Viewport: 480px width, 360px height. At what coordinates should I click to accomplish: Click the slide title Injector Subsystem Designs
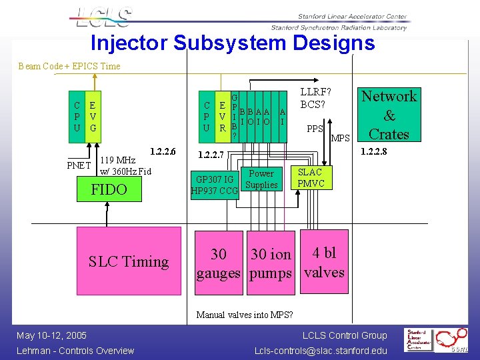click(233, 43)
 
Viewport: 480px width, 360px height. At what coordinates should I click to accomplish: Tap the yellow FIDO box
click(109, 190)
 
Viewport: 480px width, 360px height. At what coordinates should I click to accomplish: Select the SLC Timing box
click(129, 262)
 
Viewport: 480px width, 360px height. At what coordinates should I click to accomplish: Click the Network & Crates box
click(389, 115)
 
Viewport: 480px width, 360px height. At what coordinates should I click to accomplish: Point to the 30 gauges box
click(218, 263)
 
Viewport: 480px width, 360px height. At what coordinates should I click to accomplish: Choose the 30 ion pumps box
click(271, 263)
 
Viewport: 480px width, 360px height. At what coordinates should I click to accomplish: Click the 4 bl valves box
click(324, 262)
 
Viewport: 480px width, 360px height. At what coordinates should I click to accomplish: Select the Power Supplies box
click(261, 179)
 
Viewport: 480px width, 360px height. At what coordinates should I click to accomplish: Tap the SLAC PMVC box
click(311, 177)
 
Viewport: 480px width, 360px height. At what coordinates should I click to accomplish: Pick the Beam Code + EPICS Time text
click(69, 66)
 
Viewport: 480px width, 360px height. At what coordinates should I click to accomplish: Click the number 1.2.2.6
click(163, 151)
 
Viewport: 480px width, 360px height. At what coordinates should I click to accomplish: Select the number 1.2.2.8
click(373, 151)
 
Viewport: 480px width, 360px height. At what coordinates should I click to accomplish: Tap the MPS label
click(340, 138)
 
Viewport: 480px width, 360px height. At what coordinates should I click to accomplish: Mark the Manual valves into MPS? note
click(244, 315)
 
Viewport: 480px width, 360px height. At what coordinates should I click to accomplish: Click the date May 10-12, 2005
click(52, 335)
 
